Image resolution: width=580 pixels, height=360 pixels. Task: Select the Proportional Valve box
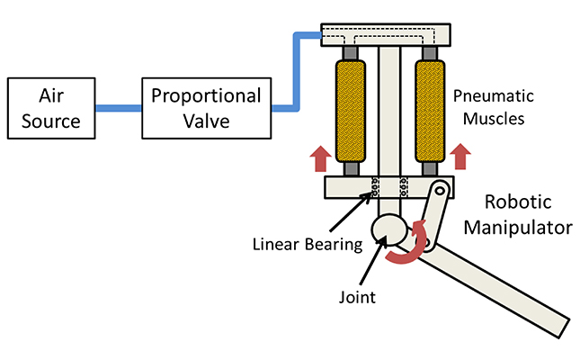tap(205, 108)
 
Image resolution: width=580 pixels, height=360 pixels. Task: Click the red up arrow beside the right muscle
tap(462, 158)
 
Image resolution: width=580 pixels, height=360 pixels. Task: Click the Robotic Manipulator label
tap(517, 214)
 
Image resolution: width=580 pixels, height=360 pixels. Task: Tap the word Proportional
tap(205, 95)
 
